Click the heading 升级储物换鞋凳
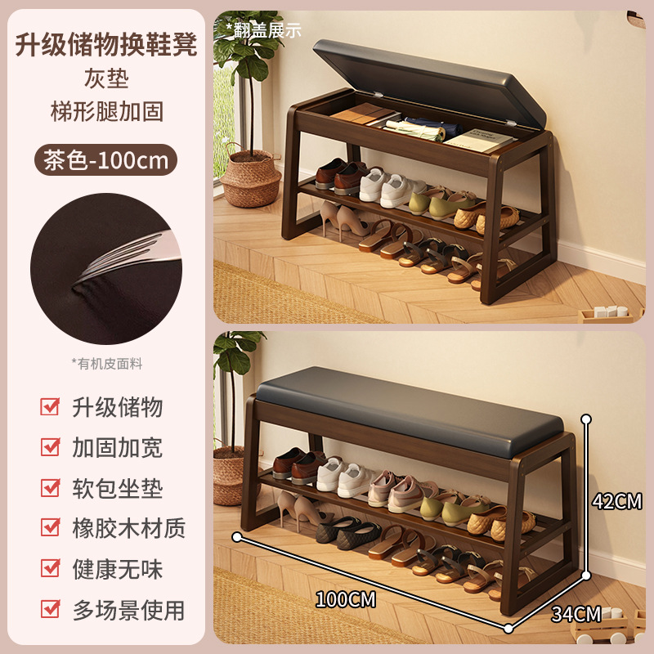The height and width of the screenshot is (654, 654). click(x=106, y=44)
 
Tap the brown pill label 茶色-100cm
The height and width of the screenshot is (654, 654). click(x=105, y=159)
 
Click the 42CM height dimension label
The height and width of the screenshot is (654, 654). click(x=617, y=501)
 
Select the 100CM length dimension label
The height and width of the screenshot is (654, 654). click(x=345, y=599)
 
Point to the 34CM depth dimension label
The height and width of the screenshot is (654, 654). click(x=576, y=614)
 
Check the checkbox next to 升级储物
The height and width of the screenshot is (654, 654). click(x=50, y=406)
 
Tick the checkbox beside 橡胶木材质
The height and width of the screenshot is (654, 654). click(x=50, y=527)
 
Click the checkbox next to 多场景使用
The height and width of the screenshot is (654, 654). click(x=50, y=608)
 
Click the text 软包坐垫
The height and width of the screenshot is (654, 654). click(x=117, y=488)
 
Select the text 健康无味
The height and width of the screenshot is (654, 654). click(x=117, y=569)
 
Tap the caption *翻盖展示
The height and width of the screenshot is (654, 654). click(x=263, y=29)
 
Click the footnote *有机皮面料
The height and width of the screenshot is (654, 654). click(x=107, y=364)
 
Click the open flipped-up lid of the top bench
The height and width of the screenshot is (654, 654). click(x=430, y=82)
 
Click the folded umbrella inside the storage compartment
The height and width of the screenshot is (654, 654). click(x=422, y=128)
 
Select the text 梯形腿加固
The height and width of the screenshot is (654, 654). click(x=106, y=111)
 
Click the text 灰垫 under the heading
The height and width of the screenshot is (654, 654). click(x=106, y=78)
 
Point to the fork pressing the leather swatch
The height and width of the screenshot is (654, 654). click(x=129, y=257)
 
